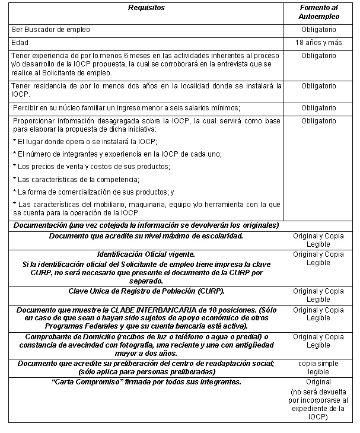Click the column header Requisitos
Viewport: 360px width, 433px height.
146,8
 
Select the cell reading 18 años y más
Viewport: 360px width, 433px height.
318,43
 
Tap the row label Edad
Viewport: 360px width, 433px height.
20,43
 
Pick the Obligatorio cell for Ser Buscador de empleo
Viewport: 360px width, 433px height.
318,29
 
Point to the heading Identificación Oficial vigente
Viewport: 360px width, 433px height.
146,254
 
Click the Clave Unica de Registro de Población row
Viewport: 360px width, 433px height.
146,291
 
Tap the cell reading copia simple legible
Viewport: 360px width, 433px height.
318,367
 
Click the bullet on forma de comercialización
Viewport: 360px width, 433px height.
93,192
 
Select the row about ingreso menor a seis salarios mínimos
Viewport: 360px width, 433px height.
126,107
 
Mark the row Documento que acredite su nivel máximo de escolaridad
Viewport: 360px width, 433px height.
146,235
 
